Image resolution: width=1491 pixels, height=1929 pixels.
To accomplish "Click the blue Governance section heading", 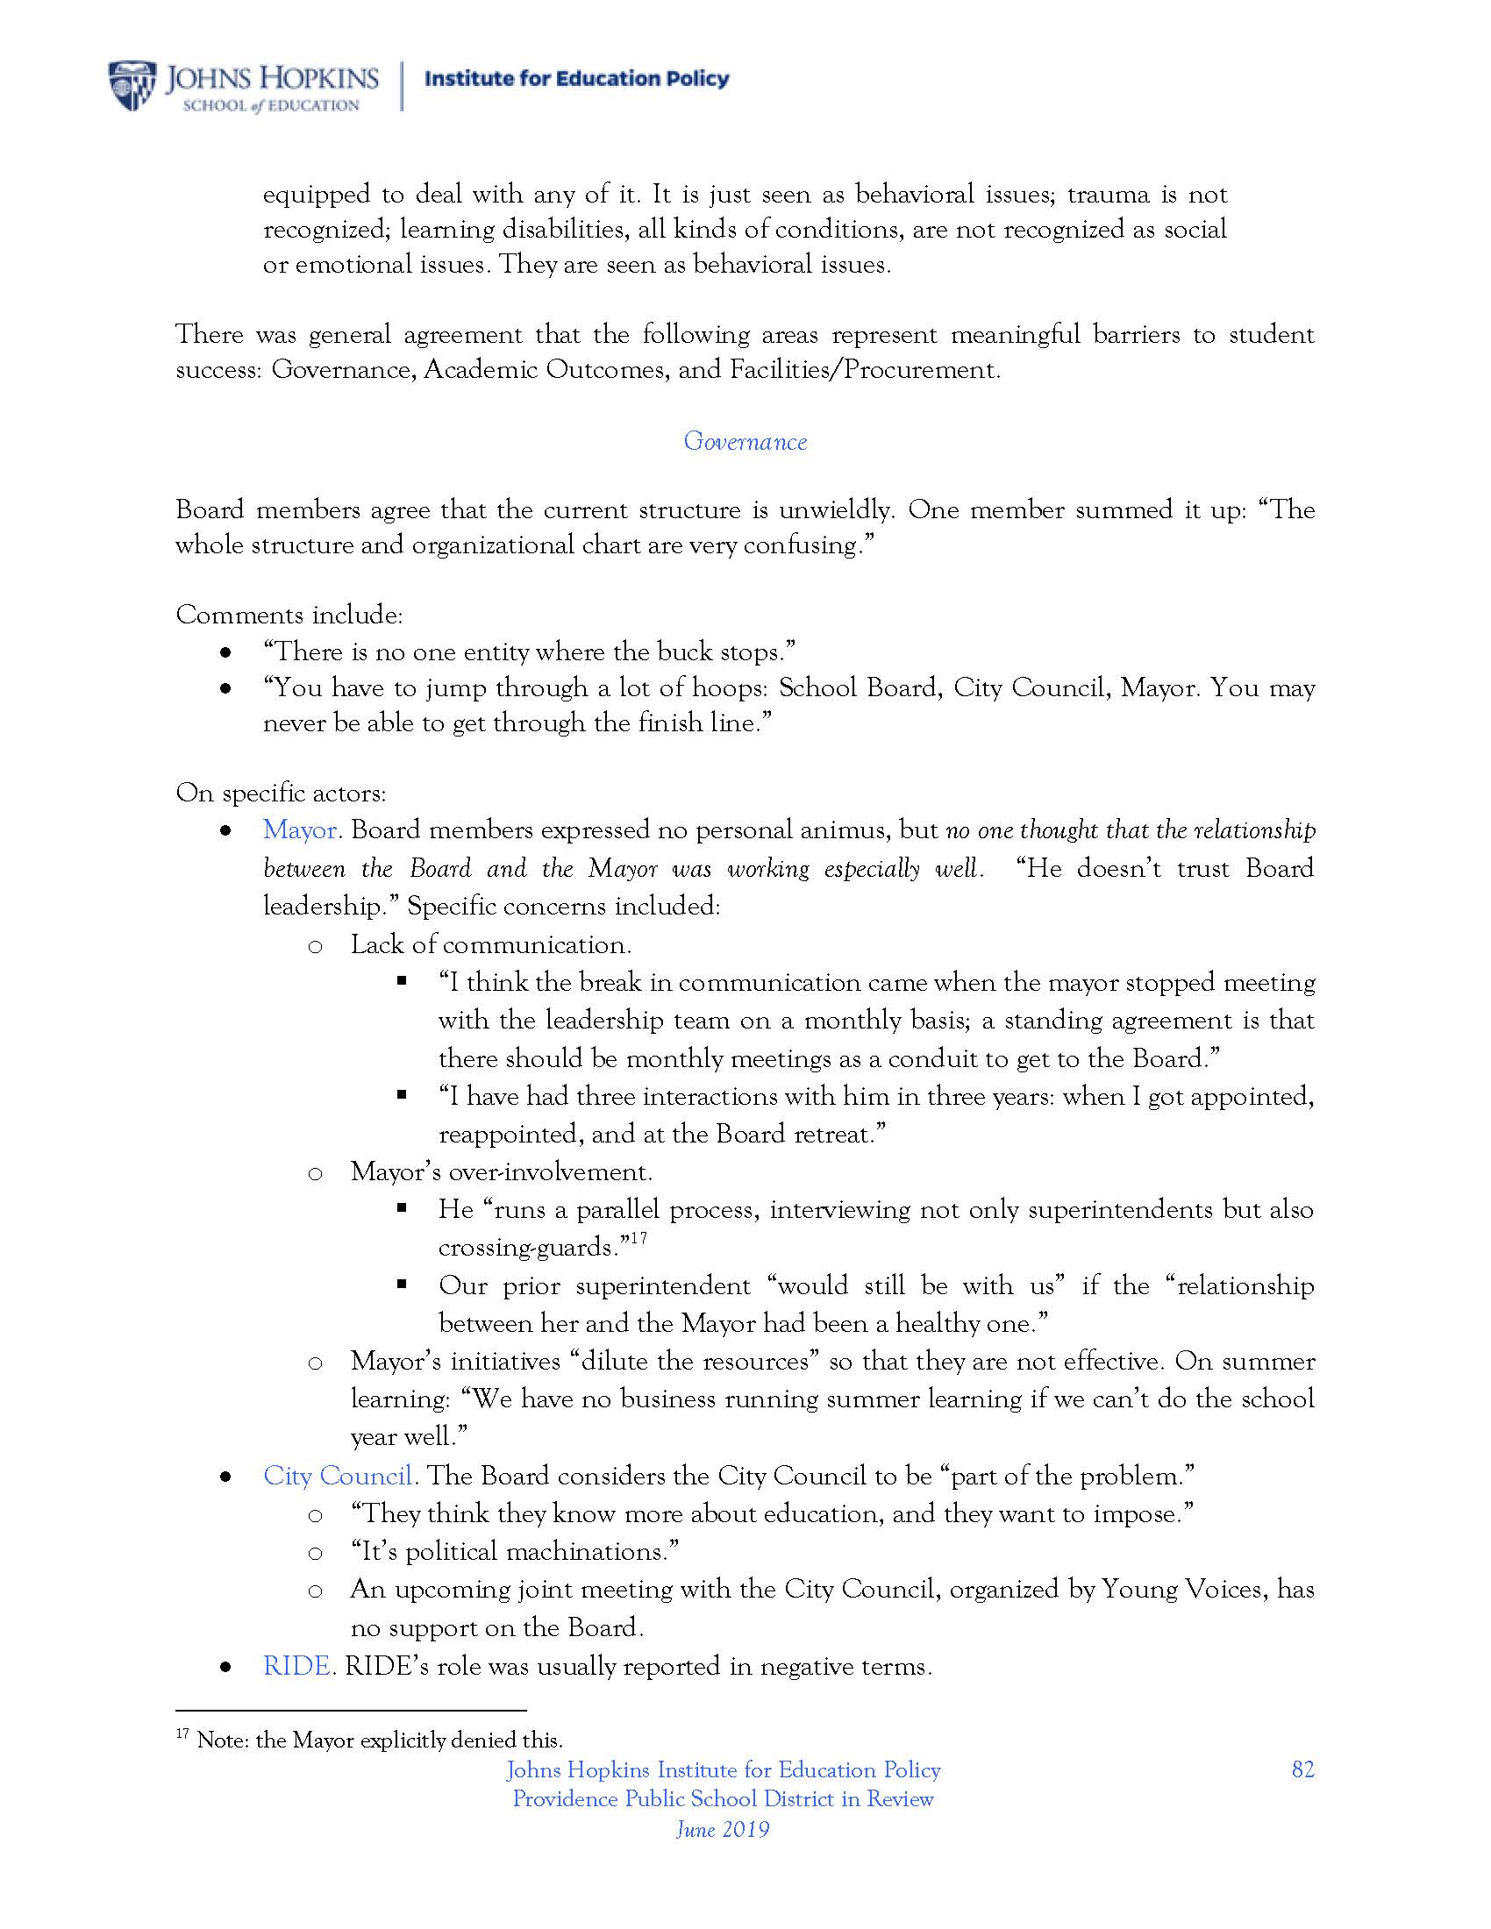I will coord(745,442).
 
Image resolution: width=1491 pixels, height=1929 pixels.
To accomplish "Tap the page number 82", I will coord(1302,1769).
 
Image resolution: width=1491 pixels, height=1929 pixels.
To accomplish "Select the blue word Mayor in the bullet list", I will coord(299,830).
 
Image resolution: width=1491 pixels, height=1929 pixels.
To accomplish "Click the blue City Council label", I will coord(338,1476).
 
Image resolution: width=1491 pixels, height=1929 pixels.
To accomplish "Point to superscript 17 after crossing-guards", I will coord(638,1238).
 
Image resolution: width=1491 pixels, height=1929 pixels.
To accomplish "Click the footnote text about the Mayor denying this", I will coord(379,1740).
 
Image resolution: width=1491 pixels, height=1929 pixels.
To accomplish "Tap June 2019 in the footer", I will coord(723,1829).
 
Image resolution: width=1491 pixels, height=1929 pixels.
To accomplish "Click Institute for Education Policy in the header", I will coord(577,79).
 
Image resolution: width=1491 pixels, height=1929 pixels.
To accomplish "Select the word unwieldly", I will coord(836,510).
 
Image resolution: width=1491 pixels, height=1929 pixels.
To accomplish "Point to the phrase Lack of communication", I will coord(490,944).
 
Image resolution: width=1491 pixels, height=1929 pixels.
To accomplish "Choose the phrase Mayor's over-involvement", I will coord(501,1171).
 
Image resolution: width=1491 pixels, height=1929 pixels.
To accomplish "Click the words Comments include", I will coord(289,615).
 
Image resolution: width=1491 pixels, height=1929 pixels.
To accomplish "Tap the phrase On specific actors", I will coord(280,794).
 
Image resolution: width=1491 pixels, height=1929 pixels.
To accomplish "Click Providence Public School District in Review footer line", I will coord(723,1799).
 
